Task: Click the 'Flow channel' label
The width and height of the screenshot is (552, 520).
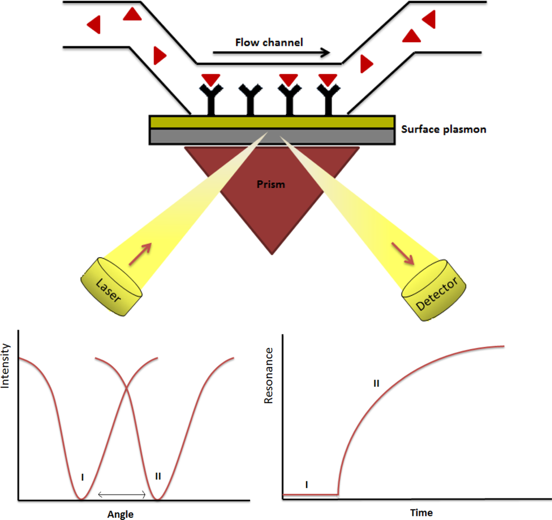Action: tap(269, 42)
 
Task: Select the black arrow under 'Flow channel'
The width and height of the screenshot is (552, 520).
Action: tap(271, 53)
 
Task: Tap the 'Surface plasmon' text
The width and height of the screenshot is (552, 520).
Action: tap(444, 129)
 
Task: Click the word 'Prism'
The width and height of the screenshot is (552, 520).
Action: tap(270, 184)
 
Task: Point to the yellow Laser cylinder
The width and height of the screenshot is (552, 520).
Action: tap(112, 286)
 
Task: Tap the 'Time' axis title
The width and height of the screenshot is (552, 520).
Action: tap(421, 512)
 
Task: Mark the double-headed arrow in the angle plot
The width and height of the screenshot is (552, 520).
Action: tap(121, 495)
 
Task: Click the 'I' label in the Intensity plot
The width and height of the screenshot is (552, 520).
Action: tap(82, 476)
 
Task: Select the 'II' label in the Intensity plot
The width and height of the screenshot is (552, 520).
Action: tap(158, 476)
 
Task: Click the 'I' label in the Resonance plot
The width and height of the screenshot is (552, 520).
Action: tap(306, 484)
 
